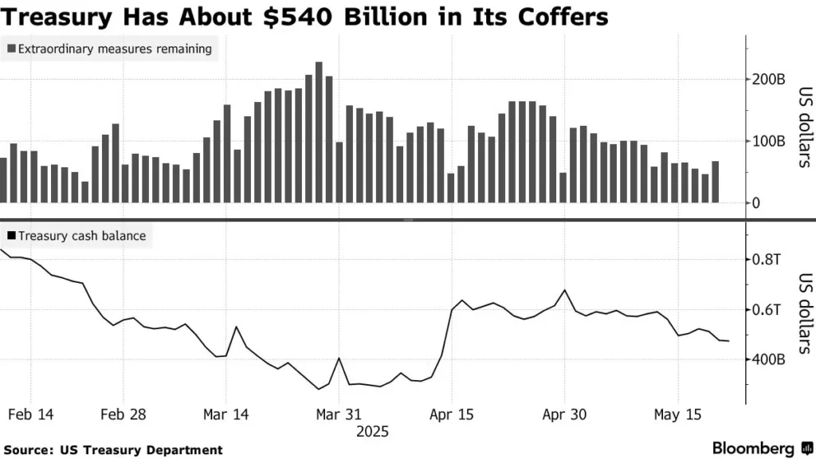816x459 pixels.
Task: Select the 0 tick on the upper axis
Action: click(x=758, y=202)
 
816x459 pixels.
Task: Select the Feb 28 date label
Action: click(x=124, y=414)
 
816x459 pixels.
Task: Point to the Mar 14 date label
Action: click(x=226, y=414)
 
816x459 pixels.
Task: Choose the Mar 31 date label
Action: click(x=339, y=414)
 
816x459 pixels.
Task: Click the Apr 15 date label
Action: click(x=451, y=414)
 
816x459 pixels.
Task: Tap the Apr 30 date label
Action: click(x=564, y=414)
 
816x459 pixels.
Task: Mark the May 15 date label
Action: click(x=677, y=414)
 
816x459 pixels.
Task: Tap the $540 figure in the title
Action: click(x=300, y=16)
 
